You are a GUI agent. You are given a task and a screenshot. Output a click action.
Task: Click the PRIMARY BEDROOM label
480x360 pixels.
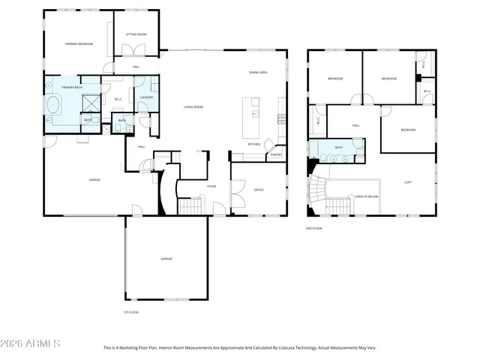pyautogui.click(x=79, y=44)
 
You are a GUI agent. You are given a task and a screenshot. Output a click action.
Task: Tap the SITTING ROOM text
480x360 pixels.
pyautogui.click(x=136, y=34)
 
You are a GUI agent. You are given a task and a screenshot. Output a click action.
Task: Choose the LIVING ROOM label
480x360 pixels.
pyautogui.click(x=193, y=107)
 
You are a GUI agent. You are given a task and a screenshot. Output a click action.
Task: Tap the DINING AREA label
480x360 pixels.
pyautogui.click(x=259, y=72)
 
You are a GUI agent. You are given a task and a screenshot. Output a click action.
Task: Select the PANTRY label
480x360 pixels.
pyautogui.click(x=275, y=155)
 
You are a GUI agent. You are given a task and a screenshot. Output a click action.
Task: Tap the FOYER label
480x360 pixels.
pyautogui.click(x=212, y=186)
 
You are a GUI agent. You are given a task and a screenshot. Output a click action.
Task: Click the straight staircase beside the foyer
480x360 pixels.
pyautogui.click(x=190, y=205)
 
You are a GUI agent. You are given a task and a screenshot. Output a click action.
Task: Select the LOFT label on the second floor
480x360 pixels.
pyautogui.click(x=408, y=181)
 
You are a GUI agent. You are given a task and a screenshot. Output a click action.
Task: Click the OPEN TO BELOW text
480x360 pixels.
pyautogui.click(x=367, y=196)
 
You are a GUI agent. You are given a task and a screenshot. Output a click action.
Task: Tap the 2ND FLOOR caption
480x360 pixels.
pyautogui.click(x=313, y=228)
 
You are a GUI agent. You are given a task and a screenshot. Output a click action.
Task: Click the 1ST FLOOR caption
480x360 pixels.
pyautogui.click(x=130, y=312)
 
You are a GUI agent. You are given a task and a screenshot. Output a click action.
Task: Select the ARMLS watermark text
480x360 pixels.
pyautogui.click(x=31, y=343)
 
